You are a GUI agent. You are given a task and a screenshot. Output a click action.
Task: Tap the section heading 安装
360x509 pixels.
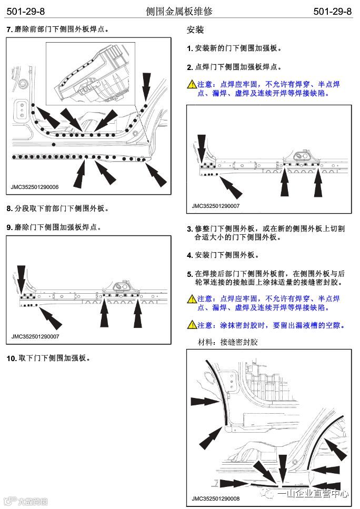pyautogui.click(x=195, y=30)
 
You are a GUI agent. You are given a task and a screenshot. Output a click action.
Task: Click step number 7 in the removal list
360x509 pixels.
pyautogui.click(x=9, y=29)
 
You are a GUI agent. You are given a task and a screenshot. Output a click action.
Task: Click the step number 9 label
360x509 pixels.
pyautogui.click(x=9, y=227)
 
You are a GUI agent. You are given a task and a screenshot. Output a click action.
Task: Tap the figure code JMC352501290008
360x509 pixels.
pyautogui.click(x=216, y=498)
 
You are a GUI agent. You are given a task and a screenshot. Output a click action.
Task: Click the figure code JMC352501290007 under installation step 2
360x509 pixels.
pyautogui.click(x=216, y=206)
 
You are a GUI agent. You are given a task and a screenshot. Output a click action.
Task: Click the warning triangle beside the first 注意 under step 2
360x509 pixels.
pyautogui.click(x=192, y=84)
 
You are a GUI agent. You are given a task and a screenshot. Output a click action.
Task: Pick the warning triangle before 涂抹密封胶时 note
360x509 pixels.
pyautogui.click(x=192, y=325)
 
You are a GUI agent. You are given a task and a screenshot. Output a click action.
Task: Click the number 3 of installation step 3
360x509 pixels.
pyautogui.click(x=189, y=229)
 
